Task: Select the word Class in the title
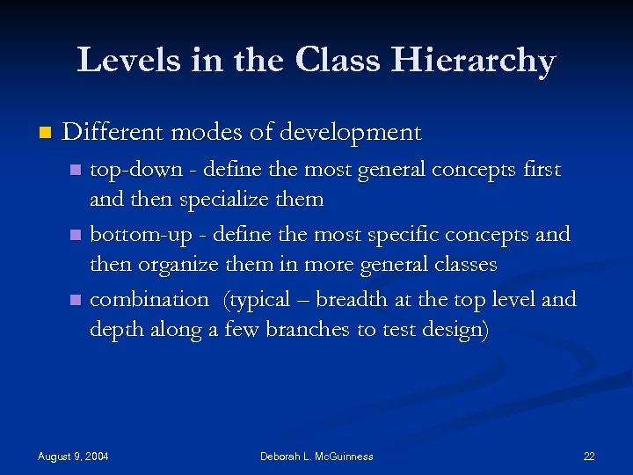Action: click(x=337, y=60)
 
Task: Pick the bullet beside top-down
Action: click(x=76, y=170)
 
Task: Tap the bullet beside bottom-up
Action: click(x=76, y=236)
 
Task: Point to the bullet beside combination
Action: click(x=76, y=301)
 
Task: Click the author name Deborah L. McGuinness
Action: click(x=316, y=456)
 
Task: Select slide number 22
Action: click(x=588, y=456)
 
